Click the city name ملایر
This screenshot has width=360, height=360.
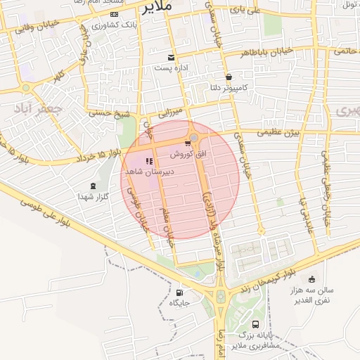pos(156,7)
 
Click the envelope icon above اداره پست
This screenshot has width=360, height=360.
pos(171,57)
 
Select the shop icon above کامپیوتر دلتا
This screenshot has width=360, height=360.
pos(229,77)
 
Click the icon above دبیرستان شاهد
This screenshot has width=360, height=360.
pos(149,161)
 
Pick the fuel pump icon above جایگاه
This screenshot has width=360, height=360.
pos(179,292)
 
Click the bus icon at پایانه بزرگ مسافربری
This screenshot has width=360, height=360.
pos(255,325)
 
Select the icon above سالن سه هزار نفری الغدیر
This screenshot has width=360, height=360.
pos(310,279)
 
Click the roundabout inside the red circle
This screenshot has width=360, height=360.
pos(194,138)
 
